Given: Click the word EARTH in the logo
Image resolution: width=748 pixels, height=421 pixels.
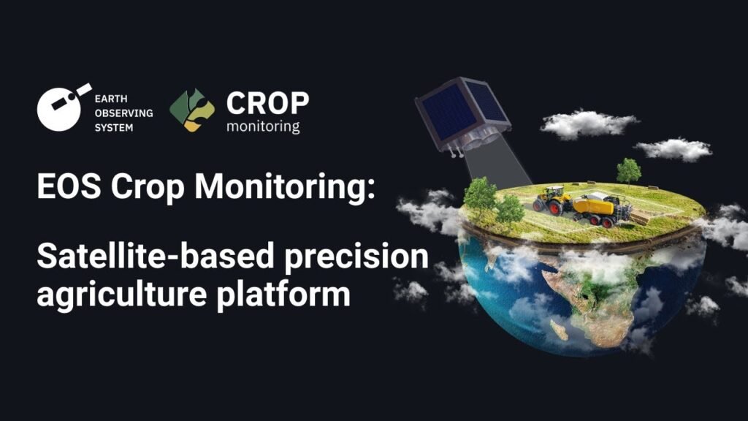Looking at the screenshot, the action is click(x=111, y=99).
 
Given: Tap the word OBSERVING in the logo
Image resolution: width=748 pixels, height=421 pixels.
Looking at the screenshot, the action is click(x=123, y=113).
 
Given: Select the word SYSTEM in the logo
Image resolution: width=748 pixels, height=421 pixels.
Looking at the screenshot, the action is click(x=114, y=127).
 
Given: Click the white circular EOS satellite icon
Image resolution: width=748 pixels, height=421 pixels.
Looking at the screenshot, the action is click(x=61, y=108).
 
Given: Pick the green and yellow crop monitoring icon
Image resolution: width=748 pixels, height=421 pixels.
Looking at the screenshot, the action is click(x=192, y=110).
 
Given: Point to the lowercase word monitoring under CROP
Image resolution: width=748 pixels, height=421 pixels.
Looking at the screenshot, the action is click(x=263, y=126).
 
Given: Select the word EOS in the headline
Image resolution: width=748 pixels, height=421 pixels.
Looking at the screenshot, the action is click(x=69, y=186).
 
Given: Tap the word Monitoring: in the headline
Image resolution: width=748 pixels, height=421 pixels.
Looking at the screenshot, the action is click(x=285, y=187).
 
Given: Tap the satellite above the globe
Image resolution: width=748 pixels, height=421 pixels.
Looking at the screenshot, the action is click(x=462, y=115).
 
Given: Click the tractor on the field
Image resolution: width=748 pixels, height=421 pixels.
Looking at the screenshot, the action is click(x=553, y=200).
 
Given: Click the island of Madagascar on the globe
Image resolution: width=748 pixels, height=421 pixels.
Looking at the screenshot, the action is click(x=559, y=330).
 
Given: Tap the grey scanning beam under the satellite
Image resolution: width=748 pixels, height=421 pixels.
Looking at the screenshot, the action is click(x=496, y=164).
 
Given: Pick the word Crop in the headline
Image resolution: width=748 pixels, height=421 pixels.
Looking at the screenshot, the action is click(x=148, y=187).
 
